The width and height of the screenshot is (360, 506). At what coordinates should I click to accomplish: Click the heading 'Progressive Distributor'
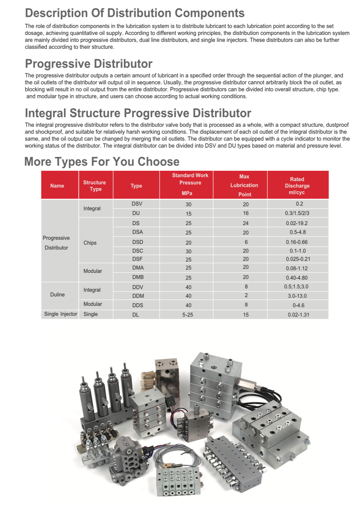click(89, 64)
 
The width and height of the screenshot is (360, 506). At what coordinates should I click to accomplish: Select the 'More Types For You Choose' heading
click(102, 162)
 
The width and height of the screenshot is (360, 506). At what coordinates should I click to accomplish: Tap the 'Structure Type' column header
click(95, 186)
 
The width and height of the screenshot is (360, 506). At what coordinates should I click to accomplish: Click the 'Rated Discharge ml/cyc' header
click(297, 185)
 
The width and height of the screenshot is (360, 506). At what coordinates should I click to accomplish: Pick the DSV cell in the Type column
click(137, 204)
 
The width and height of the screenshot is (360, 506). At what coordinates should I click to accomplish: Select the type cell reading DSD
click(138, 242)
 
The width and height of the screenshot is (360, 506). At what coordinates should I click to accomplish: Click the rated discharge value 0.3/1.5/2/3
click(297, 213)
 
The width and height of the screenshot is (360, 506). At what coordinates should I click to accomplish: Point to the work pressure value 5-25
click(188, 315)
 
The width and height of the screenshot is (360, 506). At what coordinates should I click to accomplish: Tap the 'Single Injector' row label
click(61, 314)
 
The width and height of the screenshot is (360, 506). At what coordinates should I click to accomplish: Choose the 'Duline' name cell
click(57, 294)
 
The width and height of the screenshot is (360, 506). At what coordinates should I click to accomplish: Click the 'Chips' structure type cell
click(90, 243)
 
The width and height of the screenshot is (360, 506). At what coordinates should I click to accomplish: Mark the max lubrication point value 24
click(245, 223)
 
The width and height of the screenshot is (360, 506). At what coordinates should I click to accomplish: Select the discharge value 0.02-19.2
click(297, 223)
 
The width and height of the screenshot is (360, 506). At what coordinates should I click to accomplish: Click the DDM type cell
click(138, 296)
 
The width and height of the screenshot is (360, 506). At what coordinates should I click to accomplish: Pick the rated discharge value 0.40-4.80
click(297, 278)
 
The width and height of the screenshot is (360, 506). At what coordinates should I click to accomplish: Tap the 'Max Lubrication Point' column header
click(244, 185)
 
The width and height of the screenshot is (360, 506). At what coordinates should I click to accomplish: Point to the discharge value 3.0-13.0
click(297, 296)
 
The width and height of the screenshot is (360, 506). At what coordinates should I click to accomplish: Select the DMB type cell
click(138, 277)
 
